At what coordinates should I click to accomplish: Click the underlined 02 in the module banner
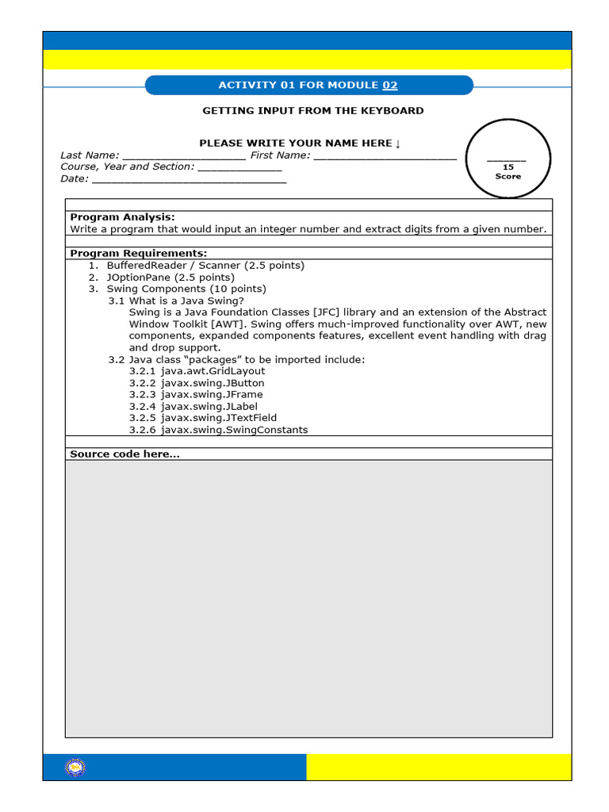[389, 86]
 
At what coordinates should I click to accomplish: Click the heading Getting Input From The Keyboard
[312, 111]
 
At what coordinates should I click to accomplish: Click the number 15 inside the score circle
[508, 167]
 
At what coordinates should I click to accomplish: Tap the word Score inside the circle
[508, 176]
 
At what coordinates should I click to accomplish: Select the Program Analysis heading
[122, 217]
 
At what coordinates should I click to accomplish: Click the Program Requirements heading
[138, 254]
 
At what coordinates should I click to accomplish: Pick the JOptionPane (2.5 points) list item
[170, 278]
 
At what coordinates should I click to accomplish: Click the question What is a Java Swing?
[186, 301]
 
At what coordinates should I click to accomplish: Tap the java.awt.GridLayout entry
[197, 371]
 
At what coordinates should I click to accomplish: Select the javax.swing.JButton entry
[197, 383]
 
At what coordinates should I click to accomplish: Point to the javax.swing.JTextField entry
[203, 418]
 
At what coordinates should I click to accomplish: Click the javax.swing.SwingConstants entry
[218, 430]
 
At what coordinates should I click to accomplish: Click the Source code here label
[124, 454]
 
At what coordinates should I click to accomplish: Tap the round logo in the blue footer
[75, 767]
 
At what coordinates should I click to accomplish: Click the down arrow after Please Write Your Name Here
[398, 144]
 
